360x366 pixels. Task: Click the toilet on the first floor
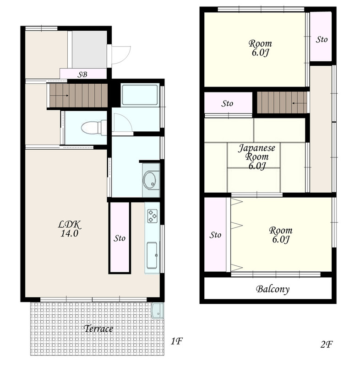94,128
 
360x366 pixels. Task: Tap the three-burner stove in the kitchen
152,216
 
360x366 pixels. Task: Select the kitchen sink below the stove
152,256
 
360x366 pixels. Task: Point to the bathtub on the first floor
140,95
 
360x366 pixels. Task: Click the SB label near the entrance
82,75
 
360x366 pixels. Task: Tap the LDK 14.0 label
69,229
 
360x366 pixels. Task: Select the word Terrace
98,328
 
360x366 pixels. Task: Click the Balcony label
273,289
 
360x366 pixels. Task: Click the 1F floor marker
176,341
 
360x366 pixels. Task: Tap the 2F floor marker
327,344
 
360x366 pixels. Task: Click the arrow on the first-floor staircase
59,96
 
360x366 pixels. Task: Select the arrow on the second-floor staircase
299,103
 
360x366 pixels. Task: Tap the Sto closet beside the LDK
120,237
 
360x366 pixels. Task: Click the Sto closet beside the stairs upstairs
228,102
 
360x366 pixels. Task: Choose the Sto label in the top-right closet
322,39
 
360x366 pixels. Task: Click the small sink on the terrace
157,311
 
